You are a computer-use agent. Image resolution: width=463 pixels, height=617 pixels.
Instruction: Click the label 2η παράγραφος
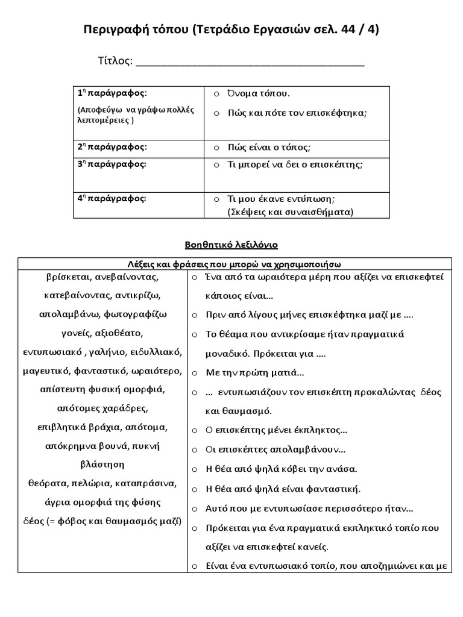click(112, 147)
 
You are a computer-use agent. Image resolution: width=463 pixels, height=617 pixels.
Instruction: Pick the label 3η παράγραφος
click(112, 164)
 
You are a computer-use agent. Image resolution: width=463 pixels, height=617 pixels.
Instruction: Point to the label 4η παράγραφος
click(112, 198)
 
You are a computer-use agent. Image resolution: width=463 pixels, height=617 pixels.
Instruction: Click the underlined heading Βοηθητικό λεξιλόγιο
click(231, 245)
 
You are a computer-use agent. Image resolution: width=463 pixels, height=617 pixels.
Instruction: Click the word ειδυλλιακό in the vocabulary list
click(156, 351)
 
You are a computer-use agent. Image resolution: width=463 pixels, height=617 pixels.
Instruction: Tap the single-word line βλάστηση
click(102, 464)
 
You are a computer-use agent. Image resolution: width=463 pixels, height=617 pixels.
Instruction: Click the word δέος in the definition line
click(33, 521)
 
